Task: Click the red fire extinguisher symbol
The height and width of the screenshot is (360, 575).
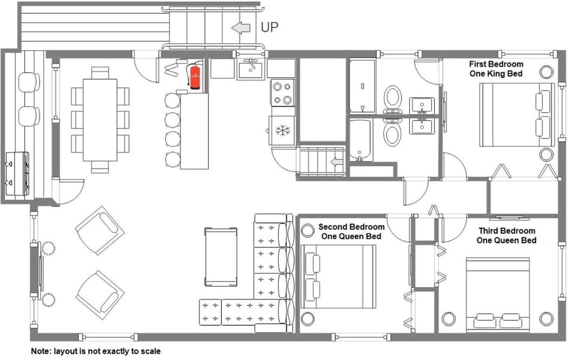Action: (195, 77)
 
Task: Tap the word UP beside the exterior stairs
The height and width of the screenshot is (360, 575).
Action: (269, 28)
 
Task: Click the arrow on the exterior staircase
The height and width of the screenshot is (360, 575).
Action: (240, 28)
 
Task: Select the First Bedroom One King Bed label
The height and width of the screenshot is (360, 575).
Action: (496, 69)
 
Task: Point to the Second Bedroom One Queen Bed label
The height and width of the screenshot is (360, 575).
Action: (352, 232)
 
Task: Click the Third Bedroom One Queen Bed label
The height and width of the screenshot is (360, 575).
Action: (507, 235)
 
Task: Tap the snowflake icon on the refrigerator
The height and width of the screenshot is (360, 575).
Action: (283, 131)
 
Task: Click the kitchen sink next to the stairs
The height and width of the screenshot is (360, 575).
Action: (250, 69)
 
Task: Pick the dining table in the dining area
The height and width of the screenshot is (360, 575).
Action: (100, 119)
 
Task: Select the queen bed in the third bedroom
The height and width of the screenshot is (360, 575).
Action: (498, 294)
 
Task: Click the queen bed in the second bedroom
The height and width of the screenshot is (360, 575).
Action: (338, 276)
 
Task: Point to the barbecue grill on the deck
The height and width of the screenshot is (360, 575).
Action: (17, 174)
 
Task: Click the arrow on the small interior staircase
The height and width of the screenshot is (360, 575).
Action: (337, 162)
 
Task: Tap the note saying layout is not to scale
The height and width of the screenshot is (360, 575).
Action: (96, 351)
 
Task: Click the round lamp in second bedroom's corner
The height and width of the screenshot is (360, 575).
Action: (308, 231)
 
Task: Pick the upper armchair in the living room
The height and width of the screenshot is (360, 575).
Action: (99, 230)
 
